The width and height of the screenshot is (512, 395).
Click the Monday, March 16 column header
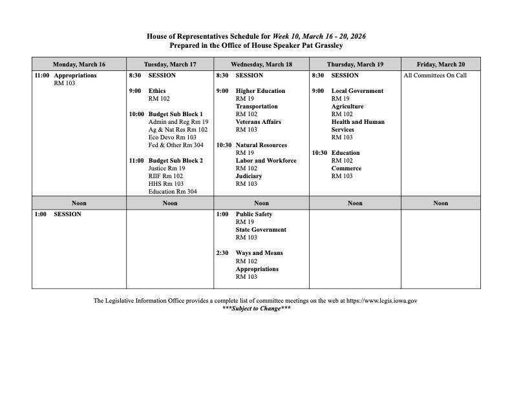79,65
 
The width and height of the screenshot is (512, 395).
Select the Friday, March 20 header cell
440,65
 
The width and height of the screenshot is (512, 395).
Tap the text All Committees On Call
434,76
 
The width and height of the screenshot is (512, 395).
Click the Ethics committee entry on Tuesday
157,91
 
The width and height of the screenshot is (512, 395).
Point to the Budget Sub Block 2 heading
175,160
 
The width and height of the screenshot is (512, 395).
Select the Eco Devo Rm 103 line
172,137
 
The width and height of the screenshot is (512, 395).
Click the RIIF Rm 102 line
165,176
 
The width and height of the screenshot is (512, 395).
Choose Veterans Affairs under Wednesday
258,122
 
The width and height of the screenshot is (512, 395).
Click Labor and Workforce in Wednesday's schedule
266,161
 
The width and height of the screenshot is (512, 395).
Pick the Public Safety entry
254,214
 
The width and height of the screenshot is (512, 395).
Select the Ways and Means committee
259,253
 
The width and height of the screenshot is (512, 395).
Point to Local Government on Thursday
357,91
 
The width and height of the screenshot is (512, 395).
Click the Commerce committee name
347,168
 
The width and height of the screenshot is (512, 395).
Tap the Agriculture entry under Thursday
347,106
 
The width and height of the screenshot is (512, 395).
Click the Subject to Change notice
256,309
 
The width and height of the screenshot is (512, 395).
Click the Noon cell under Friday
440,203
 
